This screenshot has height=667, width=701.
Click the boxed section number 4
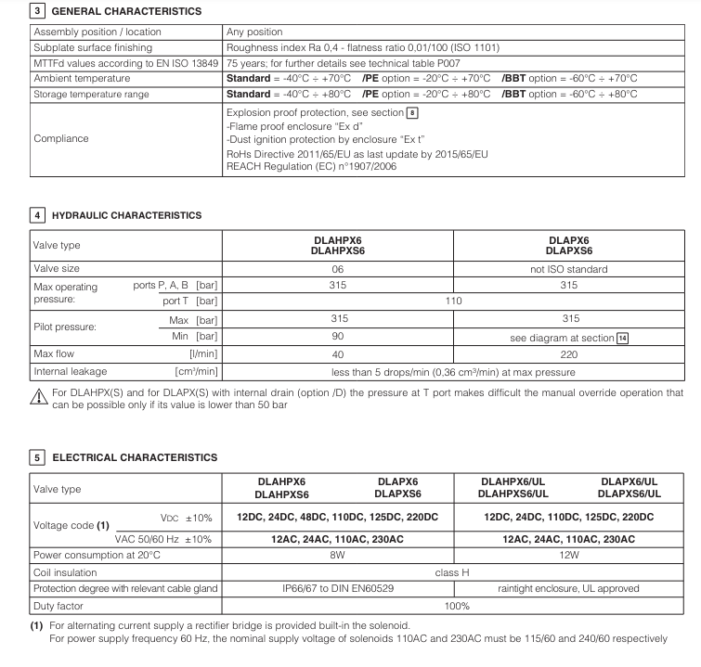pyautogui.click(x=37, y=215)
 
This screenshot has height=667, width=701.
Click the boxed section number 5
pyautogui.click(x=37, y=457)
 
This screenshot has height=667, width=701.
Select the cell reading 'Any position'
pyautogui.click(x=254, y=32)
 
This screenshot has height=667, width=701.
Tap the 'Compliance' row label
pyautogui.click(x=60, y=138)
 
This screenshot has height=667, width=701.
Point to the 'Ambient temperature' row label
pyautogui.click(x=81, y=79)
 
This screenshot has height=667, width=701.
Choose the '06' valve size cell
pyautogui.click(x=337, y=269)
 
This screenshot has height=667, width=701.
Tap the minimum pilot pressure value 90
pyautogui.click(x=337, y=337)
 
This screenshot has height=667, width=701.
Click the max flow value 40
pyautogui.click(x=337, y=354)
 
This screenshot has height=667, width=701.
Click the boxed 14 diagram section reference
pyautogui.click(x=623, y=338)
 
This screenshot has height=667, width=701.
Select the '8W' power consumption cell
pyautogui.click(x=337, y=556)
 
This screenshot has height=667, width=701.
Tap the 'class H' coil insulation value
pyautogui.click(x=452, y=572)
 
